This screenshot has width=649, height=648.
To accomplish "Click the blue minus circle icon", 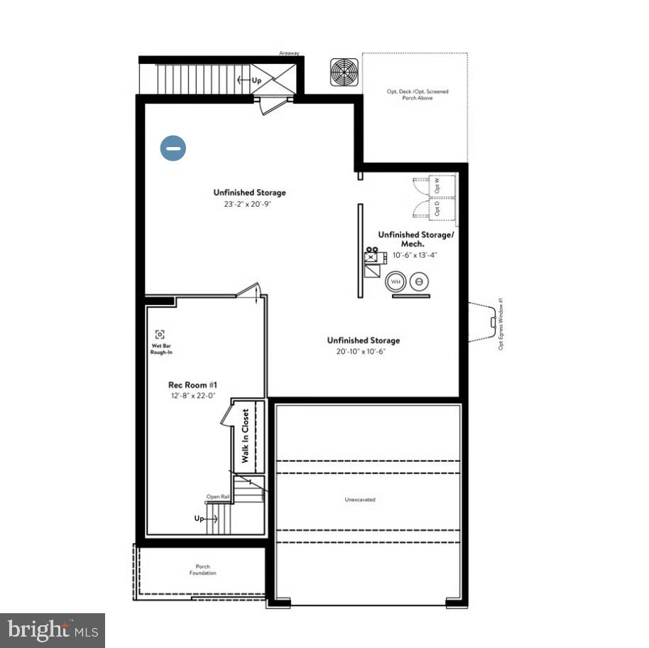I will tap(173, 148).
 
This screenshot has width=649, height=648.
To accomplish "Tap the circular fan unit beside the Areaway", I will tap(344, 72).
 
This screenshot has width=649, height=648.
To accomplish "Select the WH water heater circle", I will tap(395, 281).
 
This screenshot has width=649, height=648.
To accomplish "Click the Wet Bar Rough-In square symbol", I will tap(160, 334).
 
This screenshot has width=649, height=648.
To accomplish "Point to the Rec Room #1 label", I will tap(187, 385).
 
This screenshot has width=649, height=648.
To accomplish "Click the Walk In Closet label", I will tap(246, 436).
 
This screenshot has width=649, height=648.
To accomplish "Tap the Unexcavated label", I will tap(360, 499).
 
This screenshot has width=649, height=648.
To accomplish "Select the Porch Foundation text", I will tap(202, 570).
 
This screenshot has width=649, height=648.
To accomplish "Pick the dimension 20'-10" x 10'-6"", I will tap(361, 352).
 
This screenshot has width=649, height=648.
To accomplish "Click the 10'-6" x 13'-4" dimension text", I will tap(415, 255).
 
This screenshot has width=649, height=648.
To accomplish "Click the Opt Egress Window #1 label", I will tap(501, 324).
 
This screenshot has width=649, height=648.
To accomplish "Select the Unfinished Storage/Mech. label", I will tap(415, 239).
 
